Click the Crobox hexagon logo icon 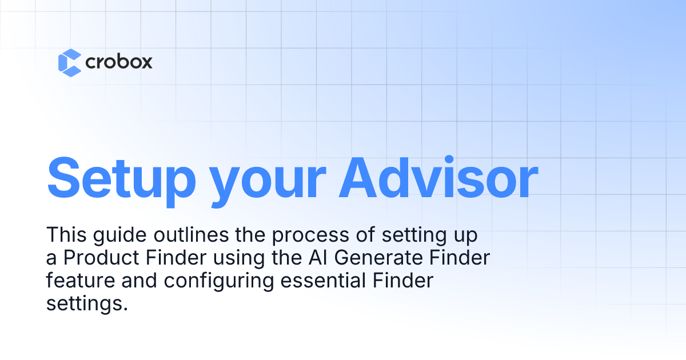coord(70,62)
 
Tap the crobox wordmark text coord(119,62)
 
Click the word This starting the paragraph coord(65,234)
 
